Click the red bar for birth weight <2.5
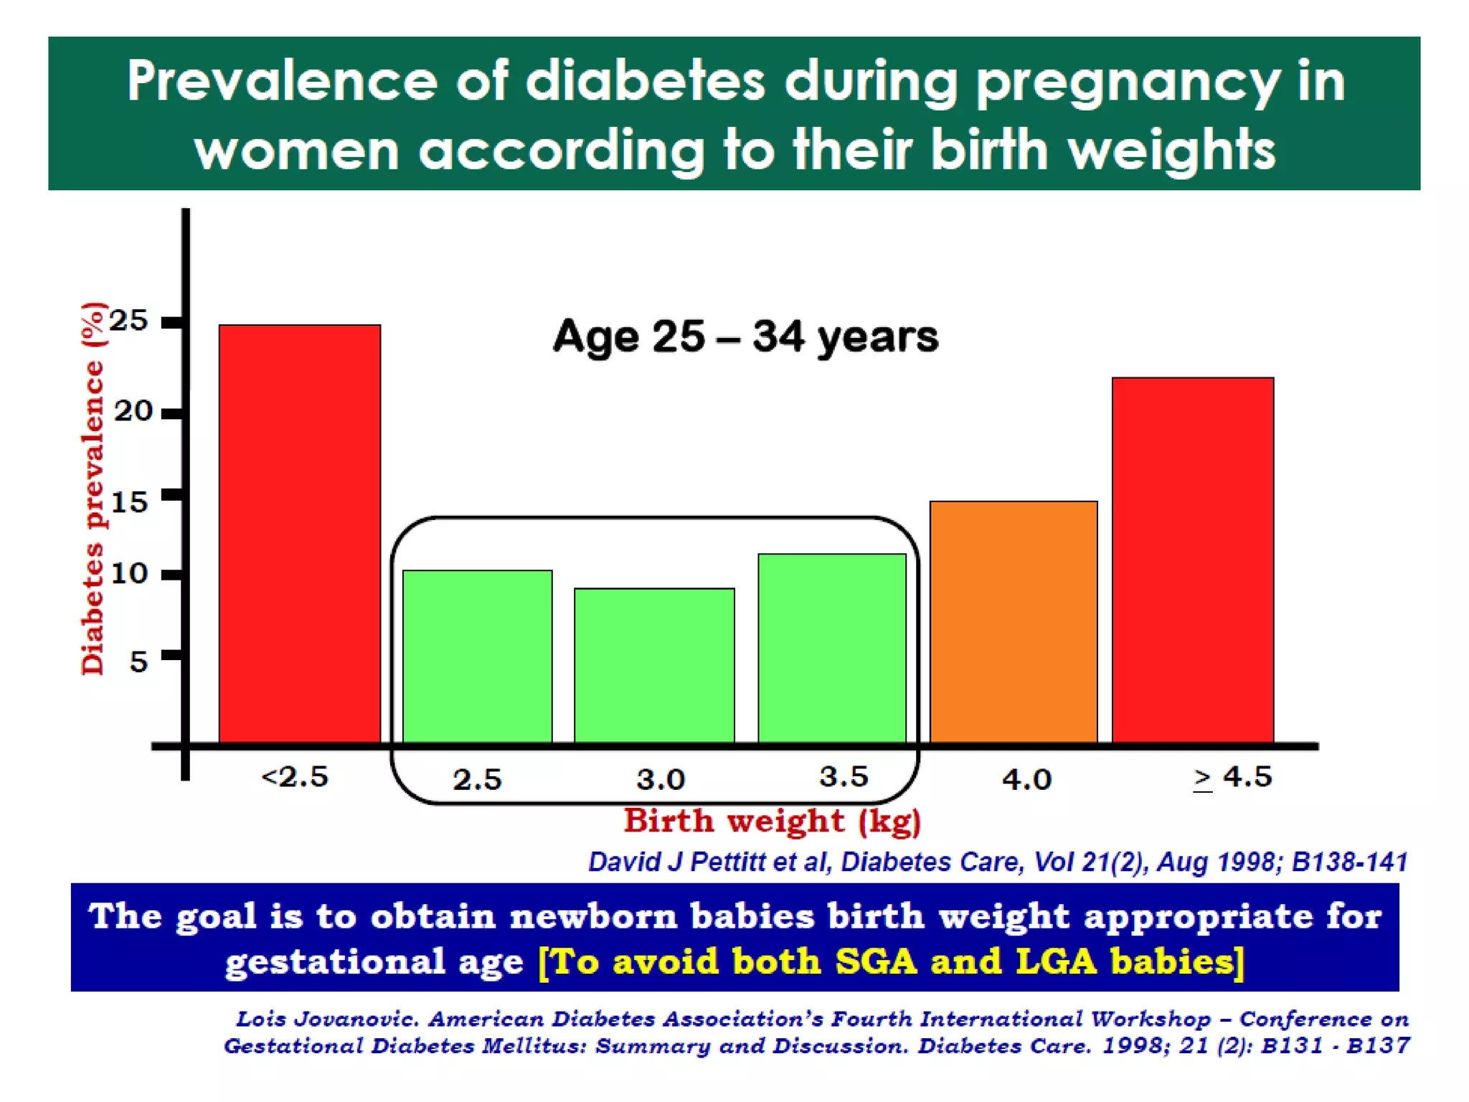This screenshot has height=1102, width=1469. (x=299, y=534)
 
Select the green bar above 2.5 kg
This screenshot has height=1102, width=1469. (x=477, y=656)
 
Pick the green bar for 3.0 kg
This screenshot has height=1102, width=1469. (x=654, y=666)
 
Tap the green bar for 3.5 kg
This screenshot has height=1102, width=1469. (x=832, y=649)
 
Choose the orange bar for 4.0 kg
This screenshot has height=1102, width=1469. (x=1014, y=622)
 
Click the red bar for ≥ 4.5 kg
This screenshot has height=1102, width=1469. (x=1193, y=560)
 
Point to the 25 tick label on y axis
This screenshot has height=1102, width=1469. (x=128, y=321)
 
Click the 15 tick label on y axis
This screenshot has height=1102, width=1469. (x=129, y=501)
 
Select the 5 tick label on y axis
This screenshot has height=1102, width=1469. (x=138, y=661)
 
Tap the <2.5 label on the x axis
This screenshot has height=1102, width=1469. (x=295, y=777)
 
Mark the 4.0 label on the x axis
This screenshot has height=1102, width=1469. (x=1026, y=779)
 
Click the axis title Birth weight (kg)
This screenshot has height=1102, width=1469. (x=772, y=821)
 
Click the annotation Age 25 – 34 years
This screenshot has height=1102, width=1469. (x=745, y=336)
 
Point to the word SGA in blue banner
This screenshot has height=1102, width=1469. (x=876, y=961)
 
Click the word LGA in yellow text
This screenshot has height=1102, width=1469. (x=1056, y=961)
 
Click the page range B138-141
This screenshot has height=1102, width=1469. (x=1349, y=862)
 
